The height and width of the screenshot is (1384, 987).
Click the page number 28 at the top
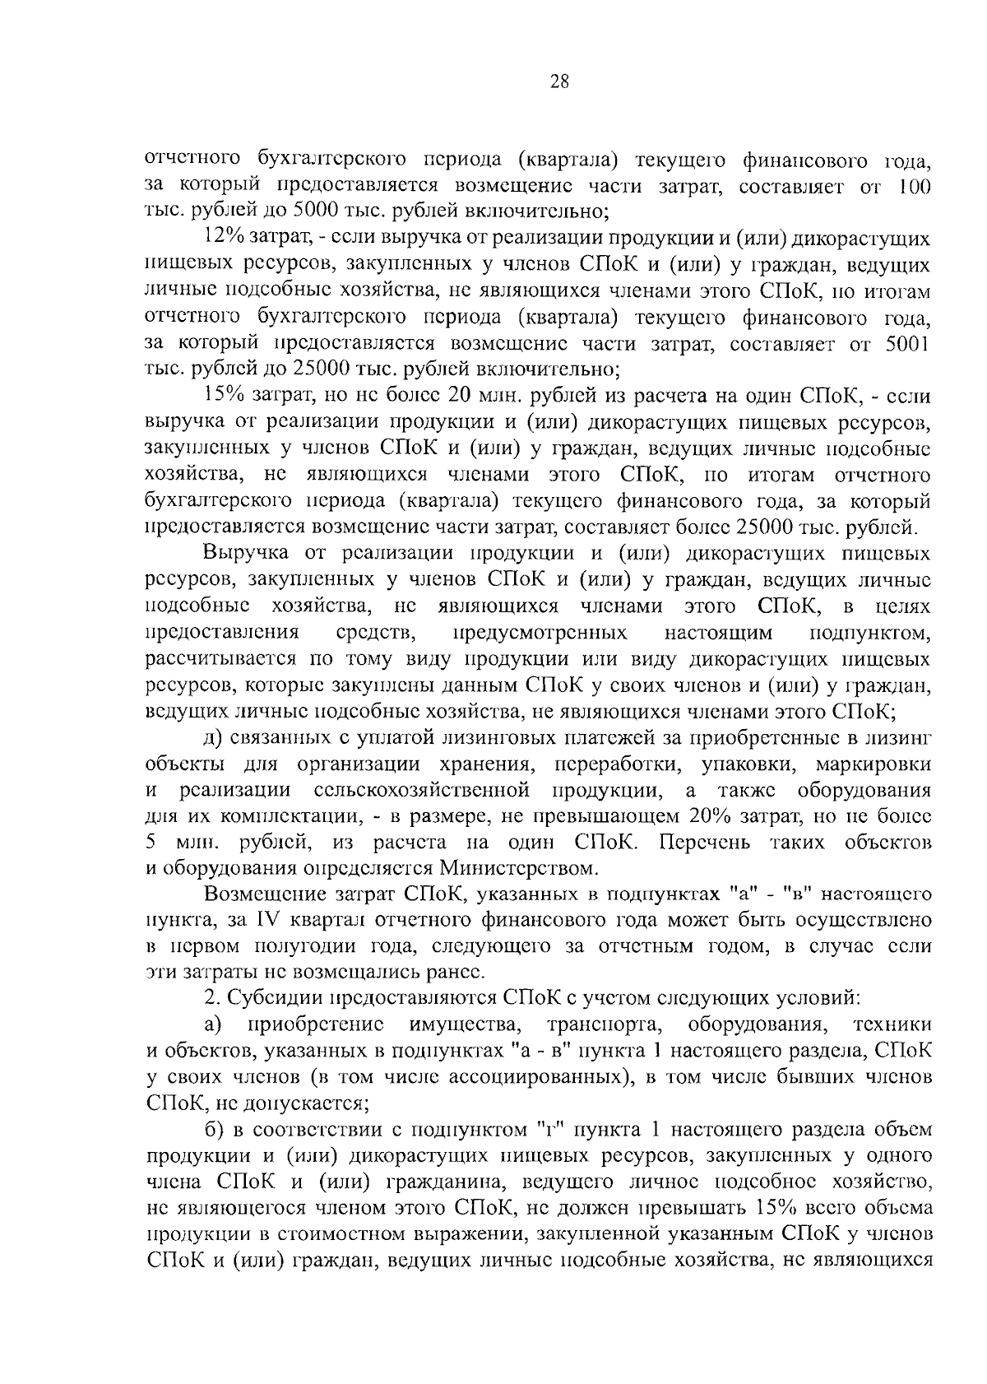click(x=558, y=81)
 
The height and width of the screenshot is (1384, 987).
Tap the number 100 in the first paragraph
click(x=915, y=187)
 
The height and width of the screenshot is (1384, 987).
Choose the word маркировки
click(x=873, y=764)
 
